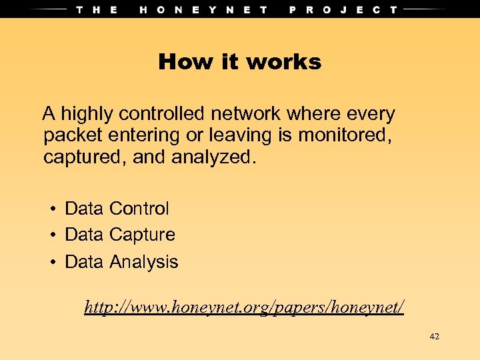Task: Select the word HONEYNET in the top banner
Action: coord(204,9)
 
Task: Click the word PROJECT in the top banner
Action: coord(343,9)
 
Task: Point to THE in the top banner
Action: coord(97,9)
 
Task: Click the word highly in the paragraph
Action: coord(84,115)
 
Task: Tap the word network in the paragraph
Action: coord(244,115)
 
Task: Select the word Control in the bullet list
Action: coord(139,209)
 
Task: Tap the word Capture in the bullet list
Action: coord(142,235)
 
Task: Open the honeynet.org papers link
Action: coord(244,307)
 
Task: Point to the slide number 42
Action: coord(435,337)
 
